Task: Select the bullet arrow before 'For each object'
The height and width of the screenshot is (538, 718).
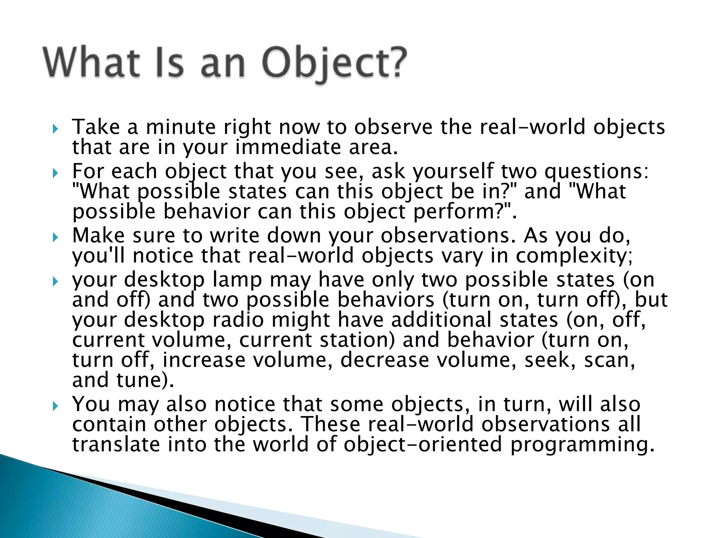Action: point(55,173)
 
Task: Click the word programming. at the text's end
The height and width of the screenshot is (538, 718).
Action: point(582,445)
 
